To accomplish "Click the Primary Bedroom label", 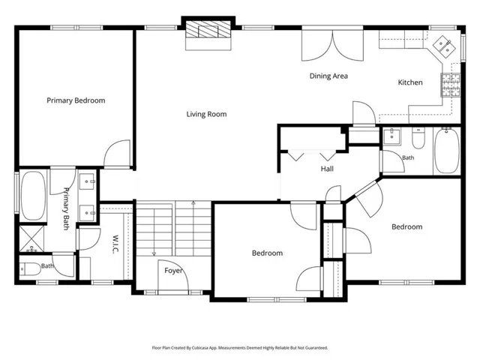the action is (x=76, y=100).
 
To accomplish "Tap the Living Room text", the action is (x=207, y=114).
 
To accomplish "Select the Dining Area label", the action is (x=328, y=76).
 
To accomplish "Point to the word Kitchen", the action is (x=410, y=82).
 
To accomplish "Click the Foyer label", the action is (x=173, y=271).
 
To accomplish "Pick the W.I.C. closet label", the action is (x=115, y=244).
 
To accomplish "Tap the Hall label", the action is (x=327, y=169).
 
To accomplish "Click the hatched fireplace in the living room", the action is (x=208, y=29).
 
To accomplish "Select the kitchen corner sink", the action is (x=443, y=46).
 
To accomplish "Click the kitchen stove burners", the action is (x=451, y=85).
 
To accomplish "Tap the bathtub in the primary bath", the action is (x=33, y=196).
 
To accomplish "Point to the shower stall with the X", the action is (x=31, y=238).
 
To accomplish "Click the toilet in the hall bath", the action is (x=418, y=138).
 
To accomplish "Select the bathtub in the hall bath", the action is (x=447, y=151).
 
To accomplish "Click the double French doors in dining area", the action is (x=332, y=45).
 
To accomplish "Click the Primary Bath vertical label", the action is (x=66, y=208).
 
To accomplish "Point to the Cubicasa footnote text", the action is (x=240, y=348).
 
